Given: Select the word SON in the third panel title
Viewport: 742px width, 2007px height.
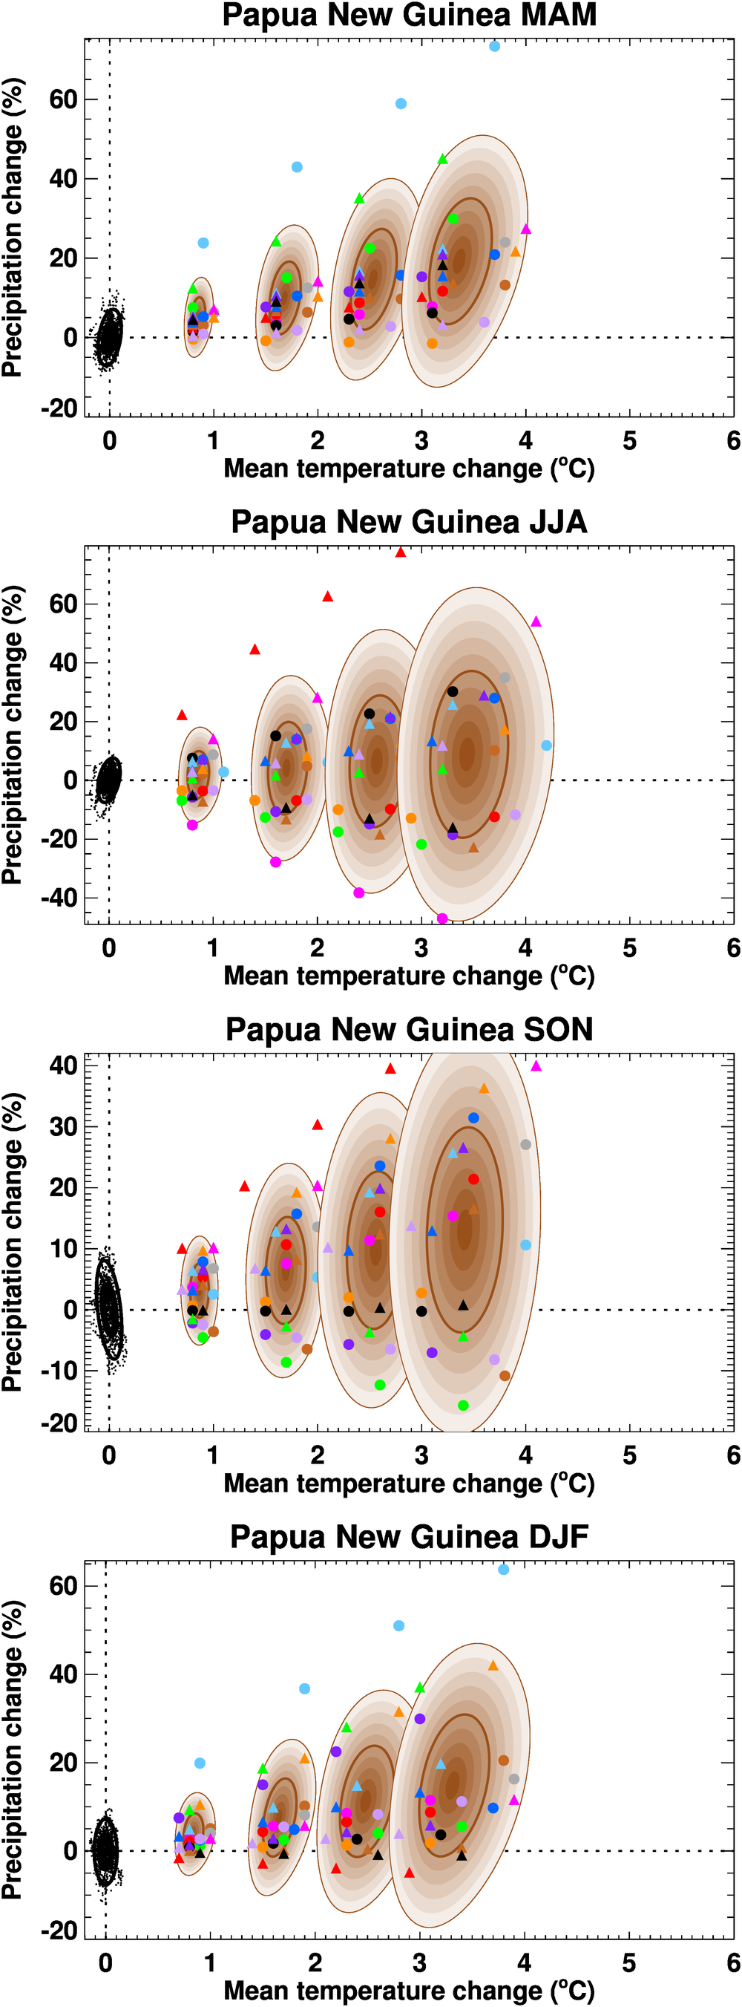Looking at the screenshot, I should pos(558,1029).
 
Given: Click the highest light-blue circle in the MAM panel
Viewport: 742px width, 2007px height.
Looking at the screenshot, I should pos(494,47).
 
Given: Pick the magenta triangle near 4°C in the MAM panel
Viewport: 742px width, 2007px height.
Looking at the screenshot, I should pos(525,229).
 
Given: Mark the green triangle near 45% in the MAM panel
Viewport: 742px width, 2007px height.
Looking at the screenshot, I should pos(442,159).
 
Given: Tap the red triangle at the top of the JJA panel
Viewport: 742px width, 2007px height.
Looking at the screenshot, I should pos(400,552).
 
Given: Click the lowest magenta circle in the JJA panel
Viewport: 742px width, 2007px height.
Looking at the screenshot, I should pos(442,918).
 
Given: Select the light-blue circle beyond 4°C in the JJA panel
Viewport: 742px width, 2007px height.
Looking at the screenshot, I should pos(547,745).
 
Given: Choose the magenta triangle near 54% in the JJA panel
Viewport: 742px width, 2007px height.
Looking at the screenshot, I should pos(536,621).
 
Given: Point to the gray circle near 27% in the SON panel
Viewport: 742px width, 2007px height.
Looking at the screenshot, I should pos(525,1144).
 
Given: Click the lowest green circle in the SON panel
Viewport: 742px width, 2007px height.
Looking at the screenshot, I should pos(463,1406).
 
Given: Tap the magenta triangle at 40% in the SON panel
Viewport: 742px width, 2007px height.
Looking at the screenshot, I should pos(536,1065).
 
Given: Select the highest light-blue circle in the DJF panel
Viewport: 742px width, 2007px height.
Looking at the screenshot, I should pos(504,1569).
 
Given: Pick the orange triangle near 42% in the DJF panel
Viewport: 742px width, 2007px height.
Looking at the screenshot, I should pos(493,1665).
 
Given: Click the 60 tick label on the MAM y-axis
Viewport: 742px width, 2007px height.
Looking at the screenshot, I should pos(63,99).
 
